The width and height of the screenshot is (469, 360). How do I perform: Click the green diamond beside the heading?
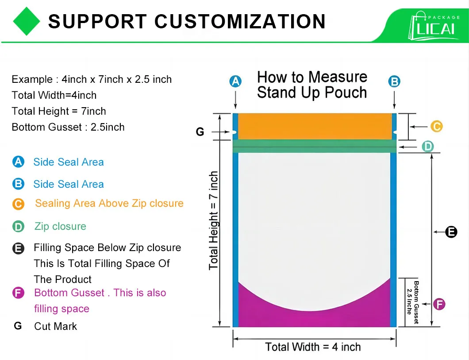coord(27,21)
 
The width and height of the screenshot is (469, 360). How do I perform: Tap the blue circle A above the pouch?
coord(235,81)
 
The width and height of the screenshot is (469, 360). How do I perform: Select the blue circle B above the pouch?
coord(394,81)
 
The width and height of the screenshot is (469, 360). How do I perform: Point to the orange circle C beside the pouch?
coord(436,127)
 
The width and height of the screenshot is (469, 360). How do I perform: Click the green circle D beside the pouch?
coord(427,147)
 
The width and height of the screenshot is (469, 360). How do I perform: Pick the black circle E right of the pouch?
coord(451,232)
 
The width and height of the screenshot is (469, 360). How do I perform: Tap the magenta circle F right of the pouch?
coord(439,304)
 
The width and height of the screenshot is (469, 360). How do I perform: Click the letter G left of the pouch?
coord(200,132)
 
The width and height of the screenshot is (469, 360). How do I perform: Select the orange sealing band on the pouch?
coord(314,126)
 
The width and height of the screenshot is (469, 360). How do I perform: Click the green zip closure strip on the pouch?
coord(314,146)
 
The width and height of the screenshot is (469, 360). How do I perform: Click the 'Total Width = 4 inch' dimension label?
coord(313,347)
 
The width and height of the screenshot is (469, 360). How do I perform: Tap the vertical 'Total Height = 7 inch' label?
coord(214,220)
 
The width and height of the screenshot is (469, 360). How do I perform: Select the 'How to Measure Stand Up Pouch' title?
coord(312,85)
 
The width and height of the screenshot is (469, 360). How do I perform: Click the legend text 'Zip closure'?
coord(60,226)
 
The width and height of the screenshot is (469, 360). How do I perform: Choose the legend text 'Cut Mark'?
coord(55,326)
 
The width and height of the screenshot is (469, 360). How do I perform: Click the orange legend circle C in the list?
coord(18,204)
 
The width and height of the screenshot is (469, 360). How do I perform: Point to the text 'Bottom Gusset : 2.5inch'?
coord(68,127)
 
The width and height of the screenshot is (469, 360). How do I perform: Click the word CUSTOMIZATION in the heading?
coord(240,21)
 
